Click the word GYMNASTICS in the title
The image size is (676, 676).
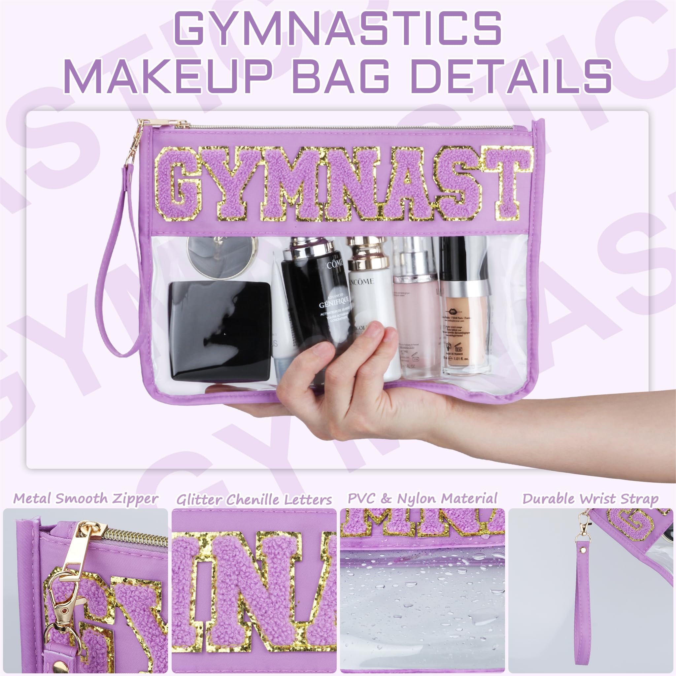[x=338, y=28]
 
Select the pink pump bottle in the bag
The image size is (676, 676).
[x=416, y=315]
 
